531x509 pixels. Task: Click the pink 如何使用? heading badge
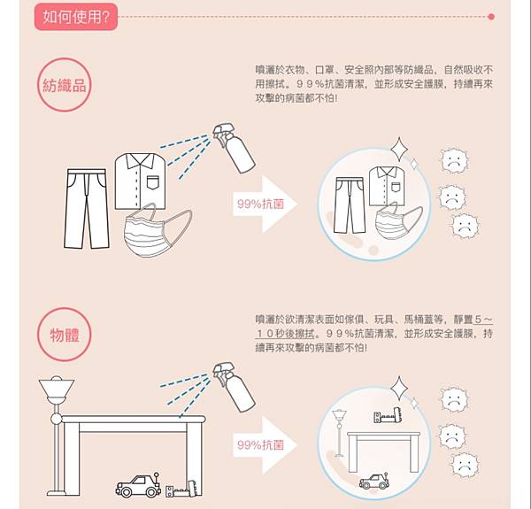click(x=76, y=17)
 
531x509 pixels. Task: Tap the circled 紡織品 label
click(x=64, y=85)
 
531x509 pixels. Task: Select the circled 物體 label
click(x=64, y=335)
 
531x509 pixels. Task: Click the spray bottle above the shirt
click(x=235, y=148)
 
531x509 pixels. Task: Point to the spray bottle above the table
click(x=235, y=387)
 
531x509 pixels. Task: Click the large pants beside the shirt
click(x=87, y=209)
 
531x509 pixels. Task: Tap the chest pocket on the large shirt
click(x=152, y=182)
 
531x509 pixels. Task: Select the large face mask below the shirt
click(x=158, y=230)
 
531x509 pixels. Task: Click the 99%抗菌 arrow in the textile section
click(x=265, y=204)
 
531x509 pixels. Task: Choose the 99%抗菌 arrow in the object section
click(x=265, y=445)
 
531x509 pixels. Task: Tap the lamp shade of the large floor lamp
click(x=57, y=389)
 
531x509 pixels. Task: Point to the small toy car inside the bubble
click(x=373, y=482)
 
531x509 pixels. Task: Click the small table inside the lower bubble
click(x=384, y=451)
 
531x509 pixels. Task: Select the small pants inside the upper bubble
click(x=350, y=205)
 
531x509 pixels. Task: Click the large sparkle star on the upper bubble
click(x=399, y=149)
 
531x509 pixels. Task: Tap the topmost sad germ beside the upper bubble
click(x=454, y=161)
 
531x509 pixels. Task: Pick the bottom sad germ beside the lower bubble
click(x=465, y=465)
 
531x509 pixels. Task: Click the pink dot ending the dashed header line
click(x=491, y=17)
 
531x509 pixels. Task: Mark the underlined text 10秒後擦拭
click(x=285, y=334)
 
